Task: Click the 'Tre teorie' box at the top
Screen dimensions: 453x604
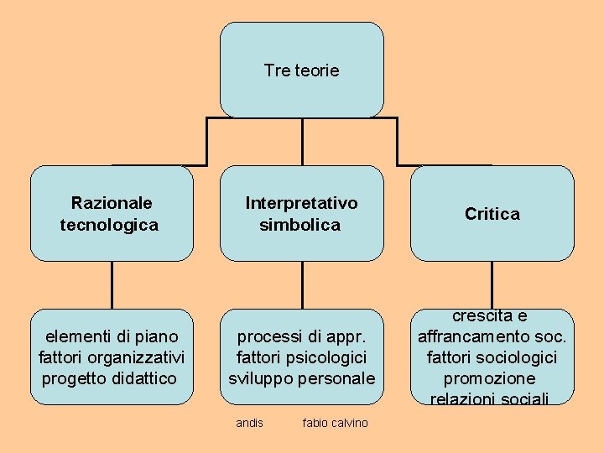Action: [301, 70]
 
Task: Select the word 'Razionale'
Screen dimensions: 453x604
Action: [112, 203]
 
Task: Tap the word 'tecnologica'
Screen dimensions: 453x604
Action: [109, 225]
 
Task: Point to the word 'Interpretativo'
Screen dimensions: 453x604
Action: [301, 203]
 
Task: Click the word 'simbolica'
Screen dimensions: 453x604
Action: [300, 225]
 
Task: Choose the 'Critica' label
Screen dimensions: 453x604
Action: [492, 214]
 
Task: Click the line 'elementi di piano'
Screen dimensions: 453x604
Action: [112, 337]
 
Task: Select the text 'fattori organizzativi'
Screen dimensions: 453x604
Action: [112, 357]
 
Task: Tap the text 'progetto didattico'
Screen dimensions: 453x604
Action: [109, 378]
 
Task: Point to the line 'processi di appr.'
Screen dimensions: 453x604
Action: [301, 337]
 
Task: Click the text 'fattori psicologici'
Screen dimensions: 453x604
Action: [301, 357]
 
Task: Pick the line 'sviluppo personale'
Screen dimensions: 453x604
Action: [302, 378]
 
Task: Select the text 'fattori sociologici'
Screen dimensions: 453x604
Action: [492, 357]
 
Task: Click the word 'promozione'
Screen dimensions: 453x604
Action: [492, 378]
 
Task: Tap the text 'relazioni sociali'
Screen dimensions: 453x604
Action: [492, 398]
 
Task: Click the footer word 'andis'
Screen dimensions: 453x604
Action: [249, 423]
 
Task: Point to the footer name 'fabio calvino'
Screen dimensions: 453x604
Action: [335, 423]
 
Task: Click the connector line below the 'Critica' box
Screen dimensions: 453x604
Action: [492, 284]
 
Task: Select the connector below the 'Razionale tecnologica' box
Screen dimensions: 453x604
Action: [112, 284]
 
